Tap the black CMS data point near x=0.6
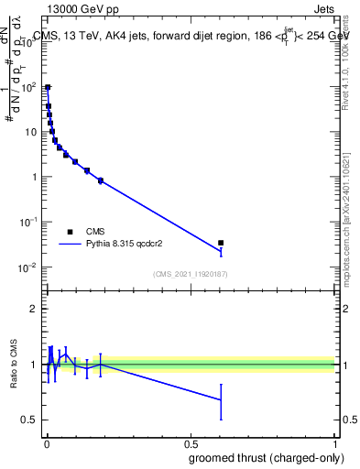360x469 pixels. (221, 243)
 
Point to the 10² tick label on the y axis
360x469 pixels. (29, 87)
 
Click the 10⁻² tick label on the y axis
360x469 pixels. (29, 267)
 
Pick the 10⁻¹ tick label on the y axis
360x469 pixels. (29, 223)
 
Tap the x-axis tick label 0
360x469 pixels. (47, 443)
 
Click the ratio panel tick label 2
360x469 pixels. (36, 310)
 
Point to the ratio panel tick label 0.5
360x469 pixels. (30, 420)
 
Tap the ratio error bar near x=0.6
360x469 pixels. (221, 399)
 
